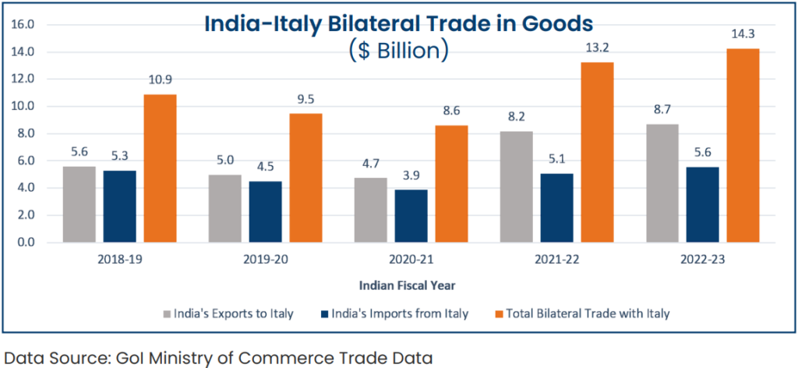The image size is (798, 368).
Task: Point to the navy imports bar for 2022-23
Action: [x=702, y=204]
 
